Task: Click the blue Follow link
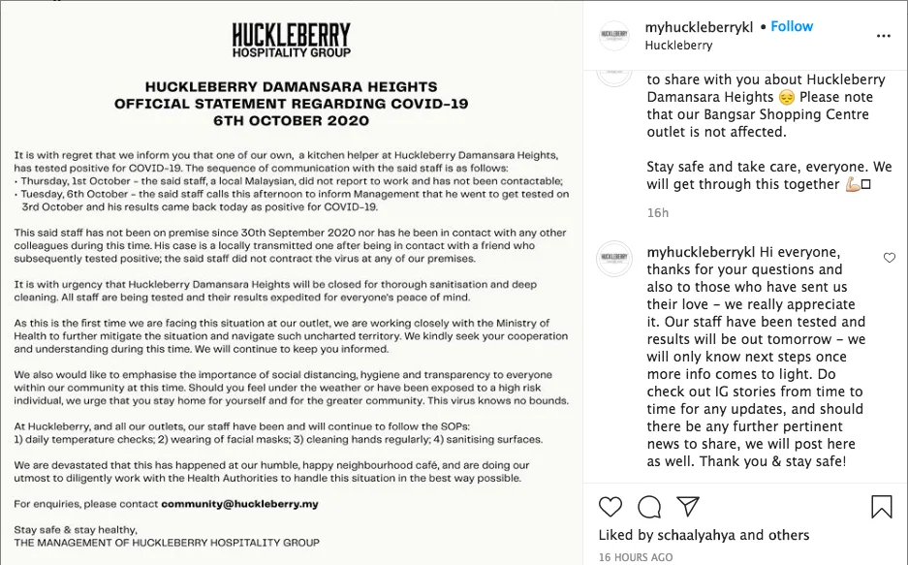coord(792,26)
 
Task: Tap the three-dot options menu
coord(883,35)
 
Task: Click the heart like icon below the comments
coord(611,506)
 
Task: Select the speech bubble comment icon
coord(649,506)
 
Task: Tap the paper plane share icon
coord(688,506)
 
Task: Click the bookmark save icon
coord(881,506)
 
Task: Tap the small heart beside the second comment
coord(889,258)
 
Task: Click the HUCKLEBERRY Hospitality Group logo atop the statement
coord(291,40)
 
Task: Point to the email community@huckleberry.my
coord(239,504)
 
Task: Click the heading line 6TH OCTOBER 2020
coord(291,121)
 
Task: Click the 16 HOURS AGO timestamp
coord(635,557)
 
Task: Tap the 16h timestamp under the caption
coord(657,212)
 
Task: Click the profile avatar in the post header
coord(614,35)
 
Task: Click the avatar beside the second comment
coord(614,259)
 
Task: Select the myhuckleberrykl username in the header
coord(699,26)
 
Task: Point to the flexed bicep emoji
coord(853,184)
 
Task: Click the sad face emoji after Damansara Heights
coord(786,97)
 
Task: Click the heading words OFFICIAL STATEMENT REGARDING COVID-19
coord(291,104)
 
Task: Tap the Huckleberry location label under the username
coord(678,45)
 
